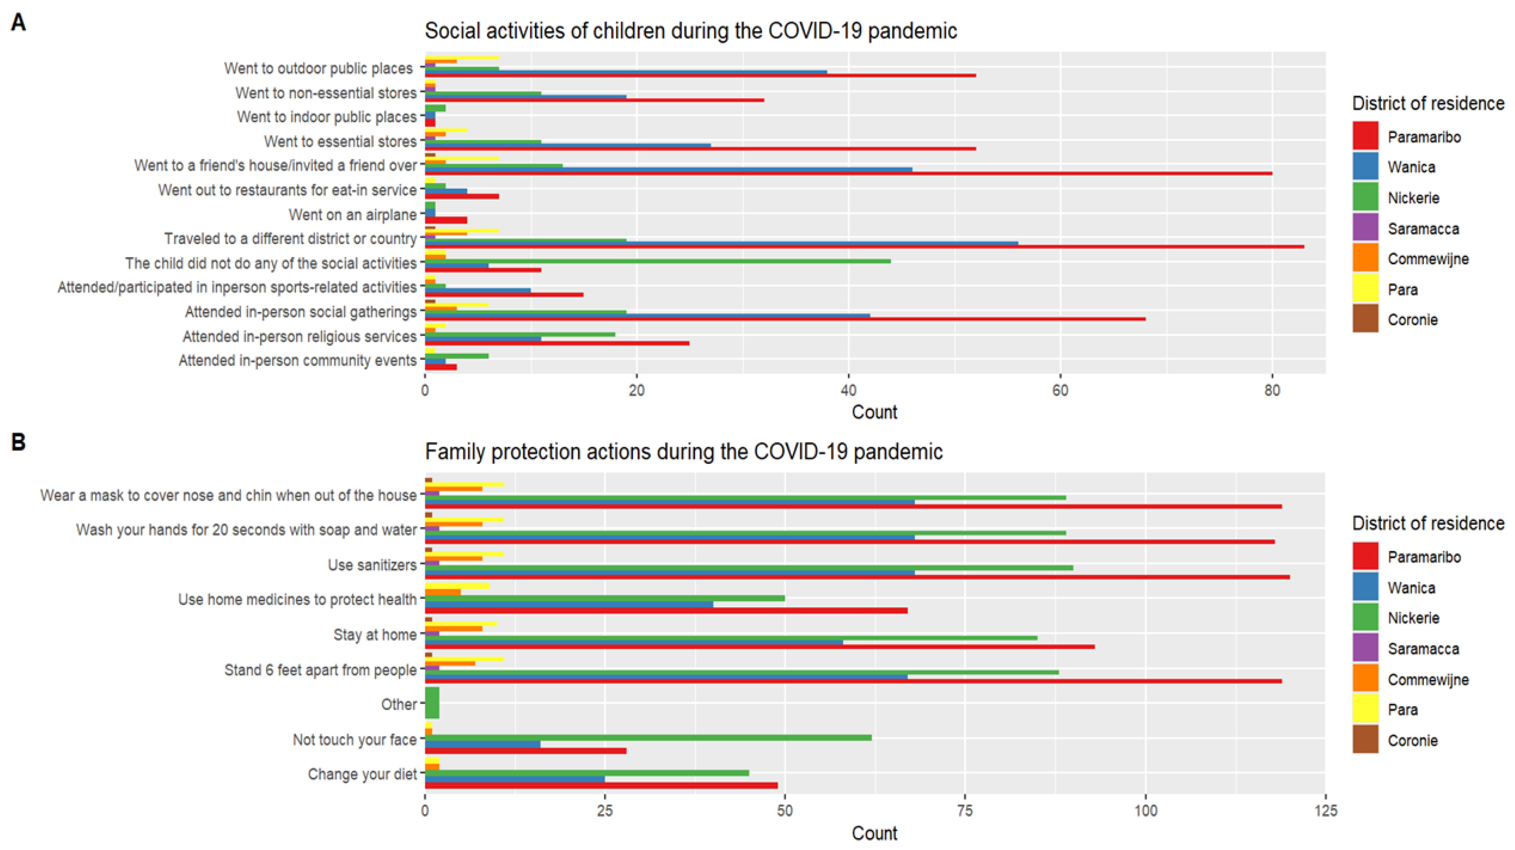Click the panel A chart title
[690, 30]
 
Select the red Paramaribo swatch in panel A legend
[1365, 136]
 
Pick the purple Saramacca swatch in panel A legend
[1365, 228]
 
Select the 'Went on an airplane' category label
[352, 215]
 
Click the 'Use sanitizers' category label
[372, 565]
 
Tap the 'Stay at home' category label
[375, 635]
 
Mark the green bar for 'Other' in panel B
[432, 703]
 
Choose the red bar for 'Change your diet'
[601, 785]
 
